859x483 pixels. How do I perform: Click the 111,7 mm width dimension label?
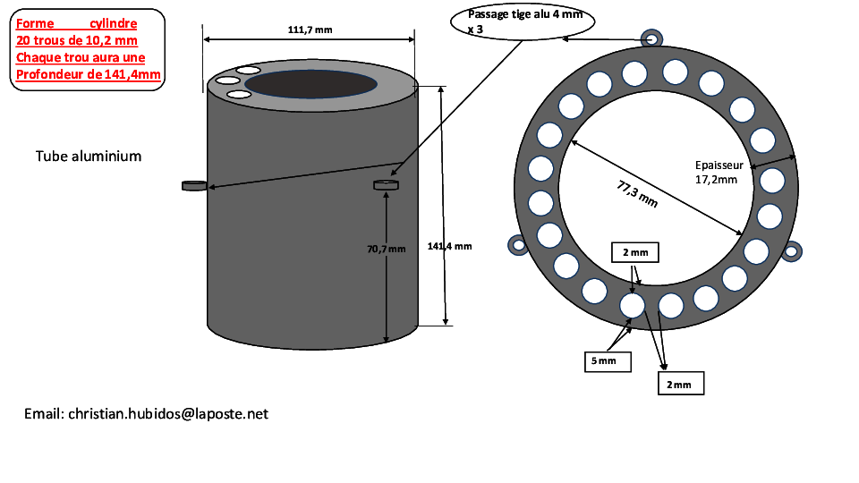tap(310, 30)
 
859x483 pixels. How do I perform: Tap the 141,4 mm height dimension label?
tap(449, 247)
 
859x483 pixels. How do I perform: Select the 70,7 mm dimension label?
tap(387, 250)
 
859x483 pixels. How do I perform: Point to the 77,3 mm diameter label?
tap(637, 194)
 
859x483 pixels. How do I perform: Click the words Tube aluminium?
tap(89, 156)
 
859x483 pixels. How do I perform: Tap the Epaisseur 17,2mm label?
tap(719, 172)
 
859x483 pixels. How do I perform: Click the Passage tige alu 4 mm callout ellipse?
tap(523, 21)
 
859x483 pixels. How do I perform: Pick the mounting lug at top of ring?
tap(651, 39)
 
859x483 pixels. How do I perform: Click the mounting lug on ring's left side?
tap(518, 245)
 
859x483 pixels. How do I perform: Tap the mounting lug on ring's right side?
tap(791, 251)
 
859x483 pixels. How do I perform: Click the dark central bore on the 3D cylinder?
tap(310, 84)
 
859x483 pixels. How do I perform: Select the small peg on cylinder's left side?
tap(194, 186)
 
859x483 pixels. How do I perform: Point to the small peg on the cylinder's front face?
tap(387, 185)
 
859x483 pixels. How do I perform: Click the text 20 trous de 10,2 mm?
tap(77, 40)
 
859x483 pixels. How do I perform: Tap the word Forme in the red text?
tap(35, 23)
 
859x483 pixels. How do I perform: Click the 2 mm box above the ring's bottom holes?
tap(635, 252)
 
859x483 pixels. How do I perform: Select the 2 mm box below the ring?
tap(681, 384)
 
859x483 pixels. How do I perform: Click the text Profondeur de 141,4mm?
tap(89, 74)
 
